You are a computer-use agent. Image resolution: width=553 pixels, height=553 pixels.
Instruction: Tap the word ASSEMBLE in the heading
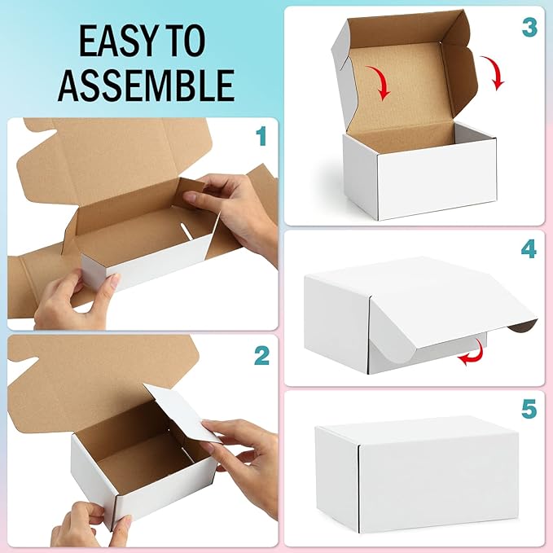click(x=147, y=84)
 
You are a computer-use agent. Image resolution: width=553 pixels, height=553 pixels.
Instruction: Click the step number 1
click(x=261, y=137)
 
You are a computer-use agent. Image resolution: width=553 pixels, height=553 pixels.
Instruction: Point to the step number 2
click(x=261, y=355)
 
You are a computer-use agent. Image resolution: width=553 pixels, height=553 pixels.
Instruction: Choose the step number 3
click(x=529, y=27)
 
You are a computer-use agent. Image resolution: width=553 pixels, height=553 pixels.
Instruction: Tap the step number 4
click(x=529, y=248)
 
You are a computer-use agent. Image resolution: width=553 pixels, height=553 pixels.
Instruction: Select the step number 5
click(x=529, y=410)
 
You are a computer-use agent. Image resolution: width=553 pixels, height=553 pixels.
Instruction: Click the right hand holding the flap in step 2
click(x=244, y=456)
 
